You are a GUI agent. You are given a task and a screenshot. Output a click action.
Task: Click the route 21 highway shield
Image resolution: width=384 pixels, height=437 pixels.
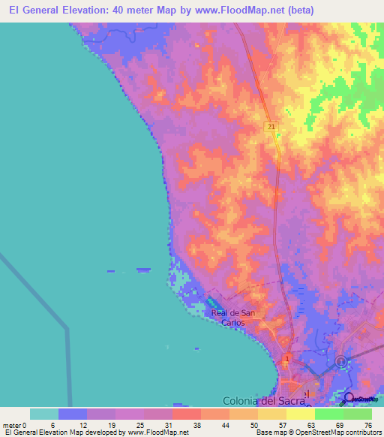pyautogui.click(x=269, y=128)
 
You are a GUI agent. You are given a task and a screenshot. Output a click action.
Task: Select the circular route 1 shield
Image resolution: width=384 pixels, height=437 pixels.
pyautogui.click(x=341, y=362)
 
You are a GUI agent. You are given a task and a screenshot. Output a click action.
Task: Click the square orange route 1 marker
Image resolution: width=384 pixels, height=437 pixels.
pyautogui.click(x=286, y=360)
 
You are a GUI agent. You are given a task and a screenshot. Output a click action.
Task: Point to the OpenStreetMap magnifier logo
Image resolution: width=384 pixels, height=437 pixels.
pyautogui.click(x=348, y=399)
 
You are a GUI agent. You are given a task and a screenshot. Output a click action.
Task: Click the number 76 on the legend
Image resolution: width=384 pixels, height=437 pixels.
pyautogui.click(x=367, y=424)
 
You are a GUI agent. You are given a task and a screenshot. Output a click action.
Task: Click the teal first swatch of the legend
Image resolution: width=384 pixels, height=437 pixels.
pyautogui.click(x=44, y=414)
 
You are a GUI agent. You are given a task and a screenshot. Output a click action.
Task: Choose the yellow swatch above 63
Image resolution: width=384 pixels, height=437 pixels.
pyautogui.click(x=301, y=414)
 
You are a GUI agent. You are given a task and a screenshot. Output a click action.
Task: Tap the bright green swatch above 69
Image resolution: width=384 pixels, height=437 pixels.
pyautogui.click(x=329, y=414)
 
